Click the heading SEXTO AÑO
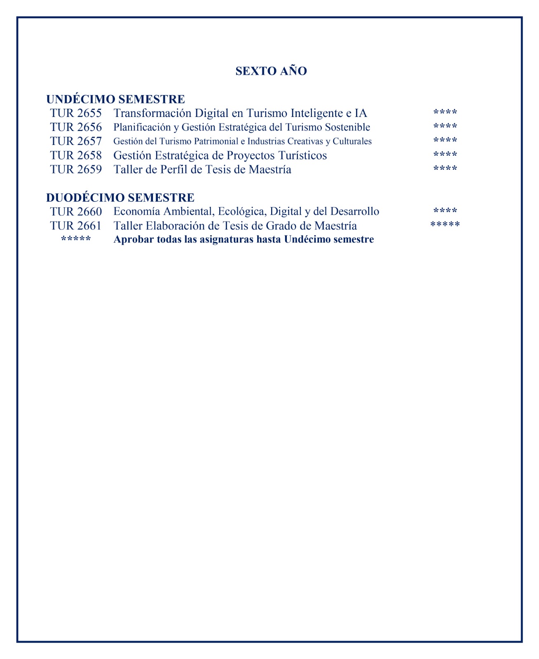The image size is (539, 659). click(x=271, y=71)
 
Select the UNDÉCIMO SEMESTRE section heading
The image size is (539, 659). click(x=115, y=99)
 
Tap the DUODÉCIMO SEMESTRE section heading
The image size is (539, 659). click(x=120, y=198)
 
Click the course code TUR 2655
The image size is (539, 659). click(x=76, y=113)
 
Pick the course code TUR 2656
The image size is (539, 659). click(x=76, y=127)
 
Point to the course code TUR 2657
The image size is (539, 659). click(x=76, y=141)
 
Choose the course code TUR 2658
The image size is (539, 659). click(x=76, y=156)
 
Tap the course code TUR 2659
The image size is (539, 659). click(x=76, y=170)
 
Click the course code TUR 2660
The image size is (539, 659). click(x=76, y=212)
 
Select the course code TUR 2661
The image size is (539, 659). click(x=76, y=226)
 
